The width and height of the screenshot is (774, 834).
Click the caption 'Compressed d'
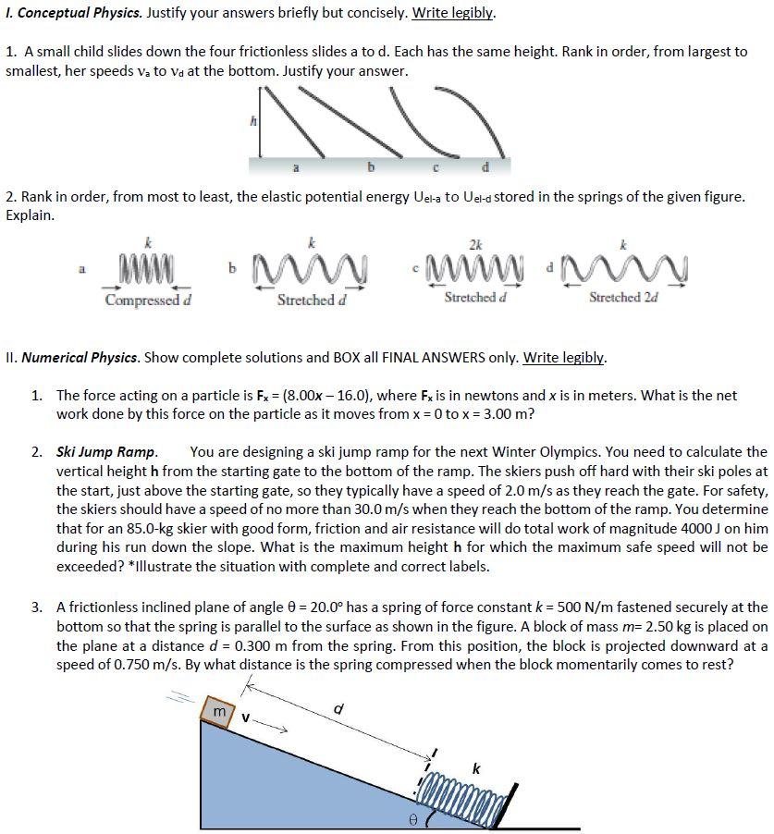[x=148, y=300]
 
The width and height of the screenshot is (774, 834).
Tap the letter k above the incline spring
[x=476, y=767]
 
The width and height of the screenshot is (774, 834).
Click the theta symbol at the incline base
[x=414, y=817]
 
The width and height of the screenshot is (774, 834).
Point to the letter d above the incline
[x=338, y=709]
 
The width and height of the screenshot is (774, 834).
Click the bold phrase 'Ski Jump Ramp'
[x=105, y=452]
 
